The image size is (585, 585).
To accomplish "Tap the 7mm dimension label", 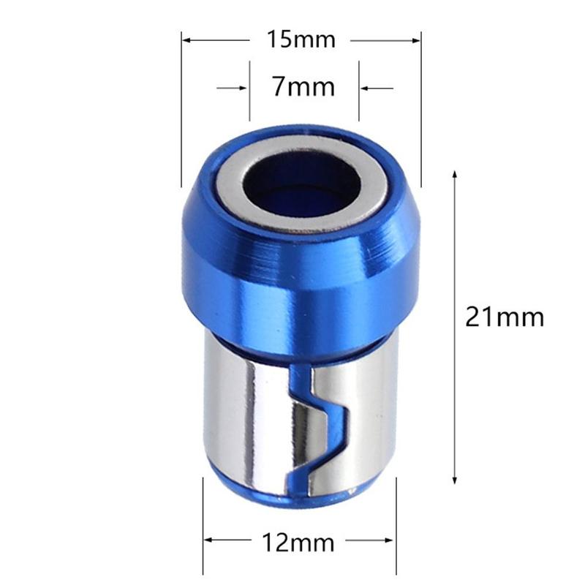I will [x=303, y=88].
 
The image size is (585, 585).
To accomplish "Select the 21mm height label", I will [x=505, y=317].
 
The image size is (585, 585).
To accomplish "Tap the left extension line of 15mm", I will [x=181, y=110].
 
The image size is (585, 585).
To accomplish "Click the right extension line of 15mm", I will [x=422, y=110].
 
